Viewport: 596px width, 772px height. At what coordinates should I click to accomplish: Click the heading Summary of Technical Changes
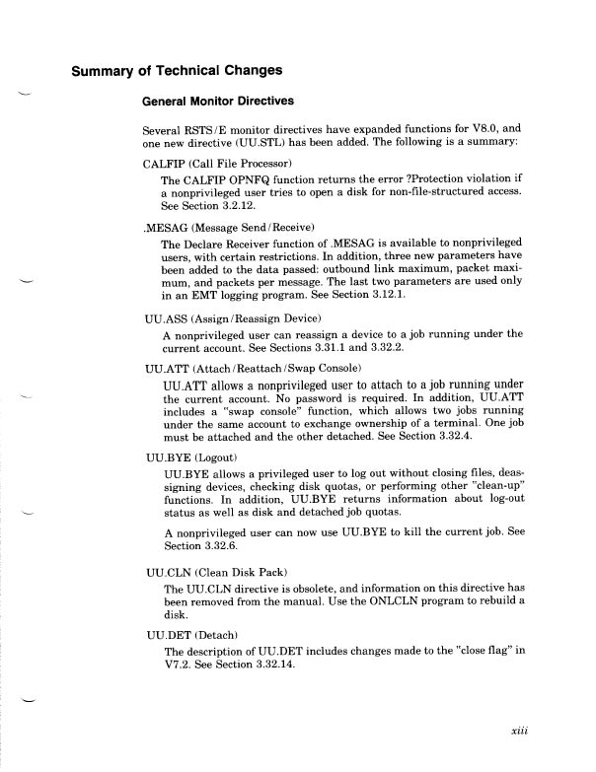point(176,70)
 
